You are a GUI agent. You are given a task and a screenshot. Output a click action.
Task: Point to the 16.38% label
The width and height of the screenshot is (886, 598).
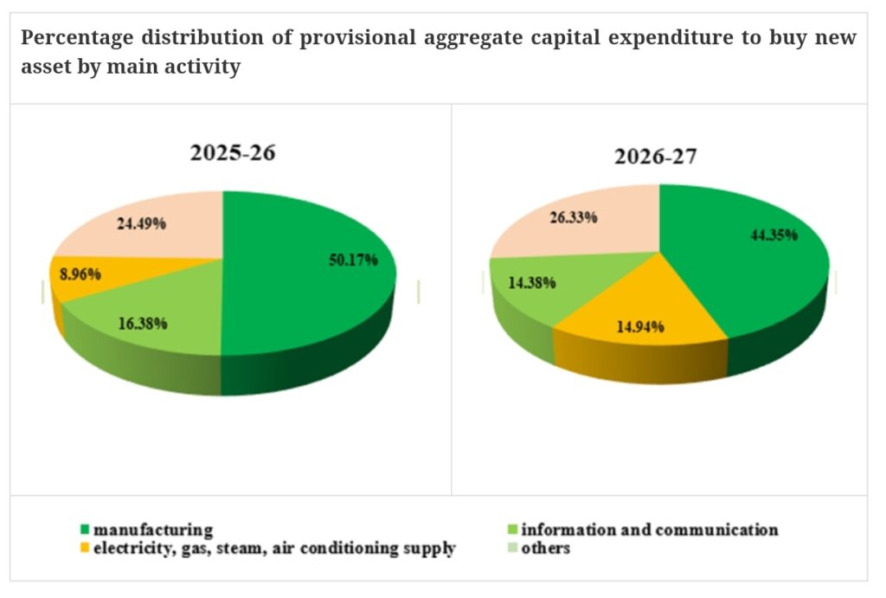pyautogui.click(x=142, y=324)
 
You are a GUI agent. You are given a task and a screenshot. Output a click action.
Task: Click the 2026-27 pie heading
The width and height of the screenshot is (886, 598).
pyautogui.click(x=658, y=157)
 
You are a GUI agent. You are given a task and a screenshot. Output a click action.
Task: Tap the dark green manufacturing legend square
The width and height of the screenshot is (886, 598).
pyautogui.click(x=84, y=530)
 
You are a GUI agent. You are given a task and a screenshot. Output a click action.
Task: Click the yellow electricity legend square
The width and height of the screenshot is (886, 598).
pyautogui.click(x=84, y=549)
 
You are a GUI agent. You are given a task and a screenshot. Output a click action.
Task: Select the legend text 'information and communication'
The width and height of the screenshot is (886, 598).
pyautogui.click(x=649, y=530)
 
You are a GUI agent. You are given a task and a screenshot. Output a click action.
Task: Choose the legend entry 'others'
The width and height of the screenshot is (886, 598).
pyautogui.click(x=545, y=549)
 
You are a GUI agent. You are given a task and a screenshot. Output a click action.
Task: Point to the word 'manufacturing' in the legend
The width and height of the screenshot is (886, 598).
pyautogui.click(x=153, y=530)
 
